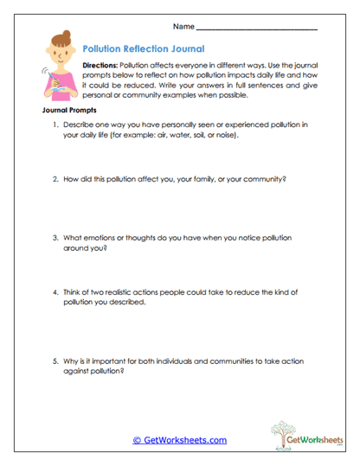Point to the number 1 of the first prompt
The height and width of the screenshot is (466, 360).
(55, 125)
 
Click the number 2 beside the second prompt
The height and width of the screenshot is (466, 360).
(55, 179)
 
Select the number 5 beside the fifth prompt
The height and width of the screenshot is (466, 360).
(55, 361)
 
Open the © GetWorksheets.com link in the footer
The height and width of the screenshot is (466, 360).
(179, 440)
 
